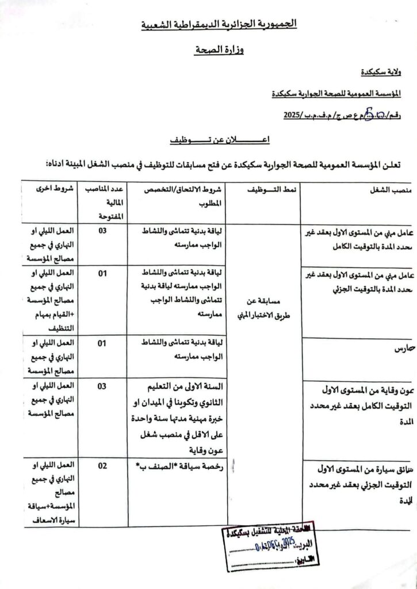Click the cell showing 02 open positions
click(102, 466)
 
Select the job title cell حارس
click(403, 349)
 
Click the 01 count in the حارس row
click(102, 343)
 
